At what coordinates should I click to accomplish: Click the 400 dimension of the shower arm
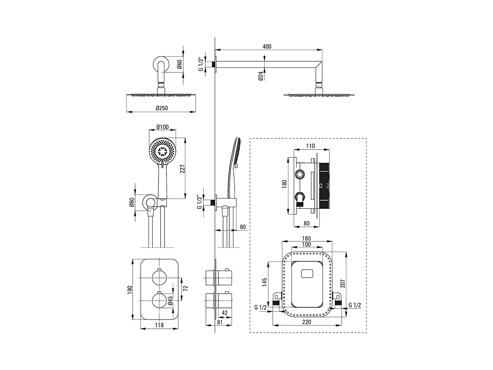[267, 46]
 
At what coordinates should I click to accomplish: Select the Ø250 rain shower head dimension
[162, 108]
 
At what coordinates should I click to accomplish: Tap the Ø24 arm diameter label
[261, 76]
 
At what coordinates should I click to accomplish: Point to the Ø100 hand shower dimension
[162, 127]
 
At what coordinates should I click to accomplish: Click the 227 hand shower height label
[182, 169]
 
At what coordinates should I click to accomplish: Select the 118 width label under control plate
[159, 325]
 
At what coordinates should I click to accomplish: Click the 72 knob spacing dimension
[185, 289]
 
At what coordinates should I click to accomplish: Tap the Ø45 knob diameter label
[170, 301]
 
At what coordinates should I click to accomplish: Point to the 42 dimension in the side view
[225, 312]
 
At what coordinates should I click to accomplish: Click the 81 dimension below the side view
[220, 322]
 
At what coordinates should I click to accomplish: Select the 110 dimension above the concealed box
[310, 146]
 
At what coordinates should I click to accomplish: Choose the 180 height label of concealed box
[284, 184]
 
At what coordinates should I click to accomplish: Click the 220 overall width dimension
[306, 322]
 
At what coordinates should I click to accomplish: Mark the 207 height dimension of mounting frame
[342, 284]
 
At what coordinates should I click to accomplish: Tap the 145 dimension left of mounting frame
[264, 282]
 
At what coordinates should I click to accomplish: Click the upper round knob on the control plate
[159, 277]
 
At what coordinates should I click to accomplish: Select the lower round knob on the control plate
[159, 301]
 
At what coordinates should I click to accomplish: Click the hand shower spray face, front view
[163, 151]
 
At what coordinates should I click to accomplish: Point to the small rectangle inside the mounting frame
[307, 273]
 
